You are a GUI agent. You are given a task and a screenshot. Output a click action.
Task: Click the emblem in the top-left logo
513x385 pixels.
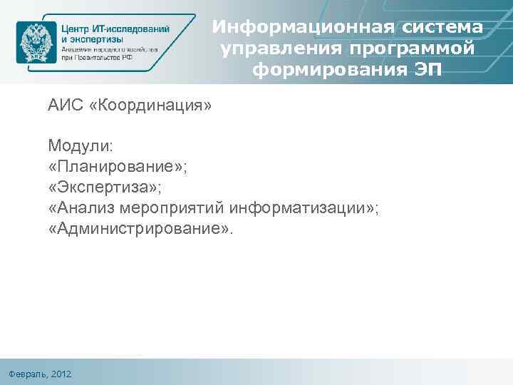[x=36, y=42]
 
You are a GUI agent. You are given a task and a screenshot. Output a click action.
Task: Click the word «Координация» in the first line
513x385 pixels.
[x=150, y=106]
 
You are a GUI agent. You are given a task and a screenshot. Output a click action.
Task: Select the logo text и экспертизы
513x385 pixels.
[x=92, y=40]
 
